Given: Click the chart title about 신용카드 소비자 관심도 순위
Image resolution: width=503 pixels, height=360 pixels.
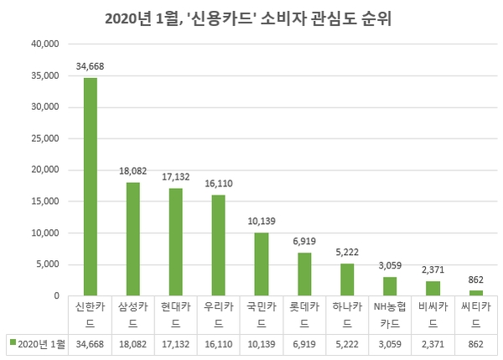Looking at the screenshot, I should click(x=251, y=18).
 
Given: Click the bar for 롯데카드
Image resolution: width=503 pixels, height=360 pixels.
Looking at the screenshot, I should click(x=304, y=274).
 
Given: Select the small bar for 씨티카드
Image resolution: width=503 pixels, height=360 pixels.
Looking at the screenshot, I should click(x=475, y=293).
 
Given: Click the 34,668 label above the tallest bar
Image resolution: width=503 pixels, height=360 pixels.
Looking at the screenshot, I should click(x=91, y=66).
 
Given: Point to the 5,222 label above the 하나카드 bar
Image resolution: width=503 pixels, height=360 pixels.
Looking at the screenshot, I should click(x=347, y=251).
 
